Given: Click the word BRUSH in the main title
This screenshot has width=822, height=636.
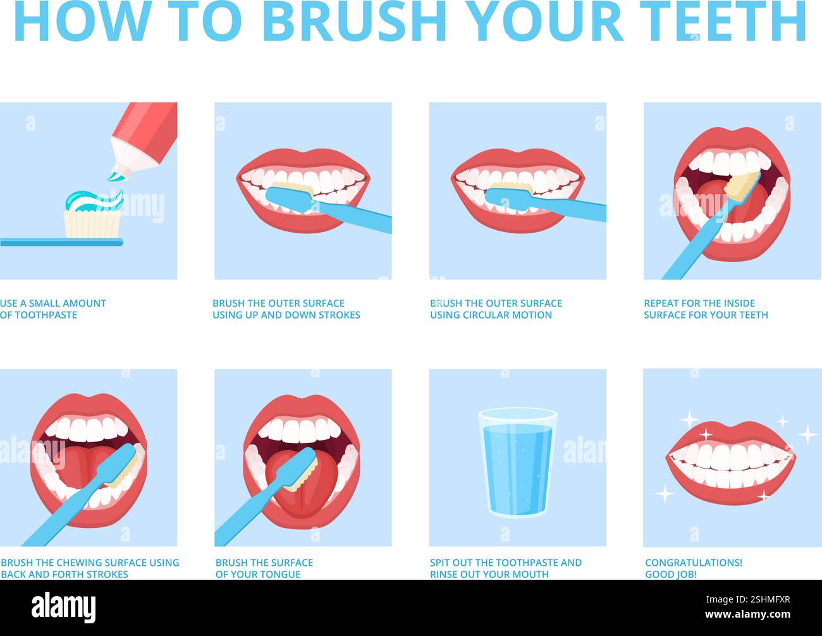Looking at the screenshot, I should point(354,22).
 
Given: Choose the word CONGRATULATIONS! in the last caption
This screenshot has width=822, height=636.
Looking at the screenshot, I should point(694,563).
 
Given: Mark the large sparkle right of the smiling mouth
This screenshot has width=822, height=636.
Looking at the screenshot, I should point(807,434).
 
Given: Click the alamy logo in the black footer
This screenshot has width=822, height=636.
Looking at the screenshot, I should point(63,608).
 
